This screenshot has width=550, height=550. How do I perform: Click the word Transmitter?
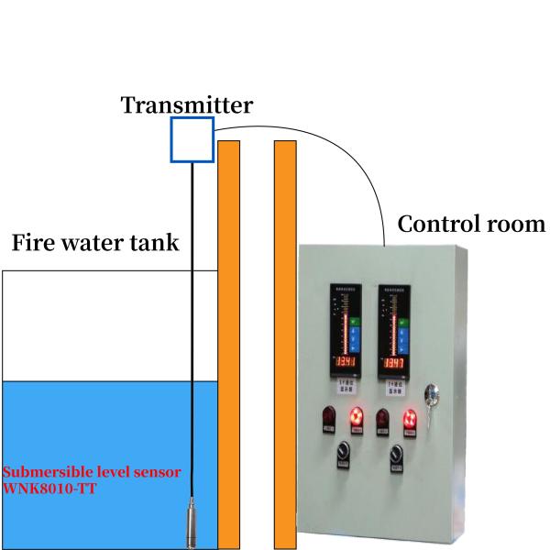point(187,104)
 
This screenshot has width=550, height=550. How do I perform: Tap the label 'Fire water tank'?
point(94,244)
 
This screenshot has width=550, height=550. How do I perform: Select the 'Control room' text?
point(471,224)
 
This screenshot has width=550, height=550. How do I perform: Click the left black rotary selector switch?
point(343,454)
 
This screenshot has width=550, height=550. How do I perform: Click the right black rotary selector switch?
point(397,454)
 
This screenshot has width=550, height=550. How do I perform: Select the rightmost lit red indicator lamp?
point(411,420)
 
